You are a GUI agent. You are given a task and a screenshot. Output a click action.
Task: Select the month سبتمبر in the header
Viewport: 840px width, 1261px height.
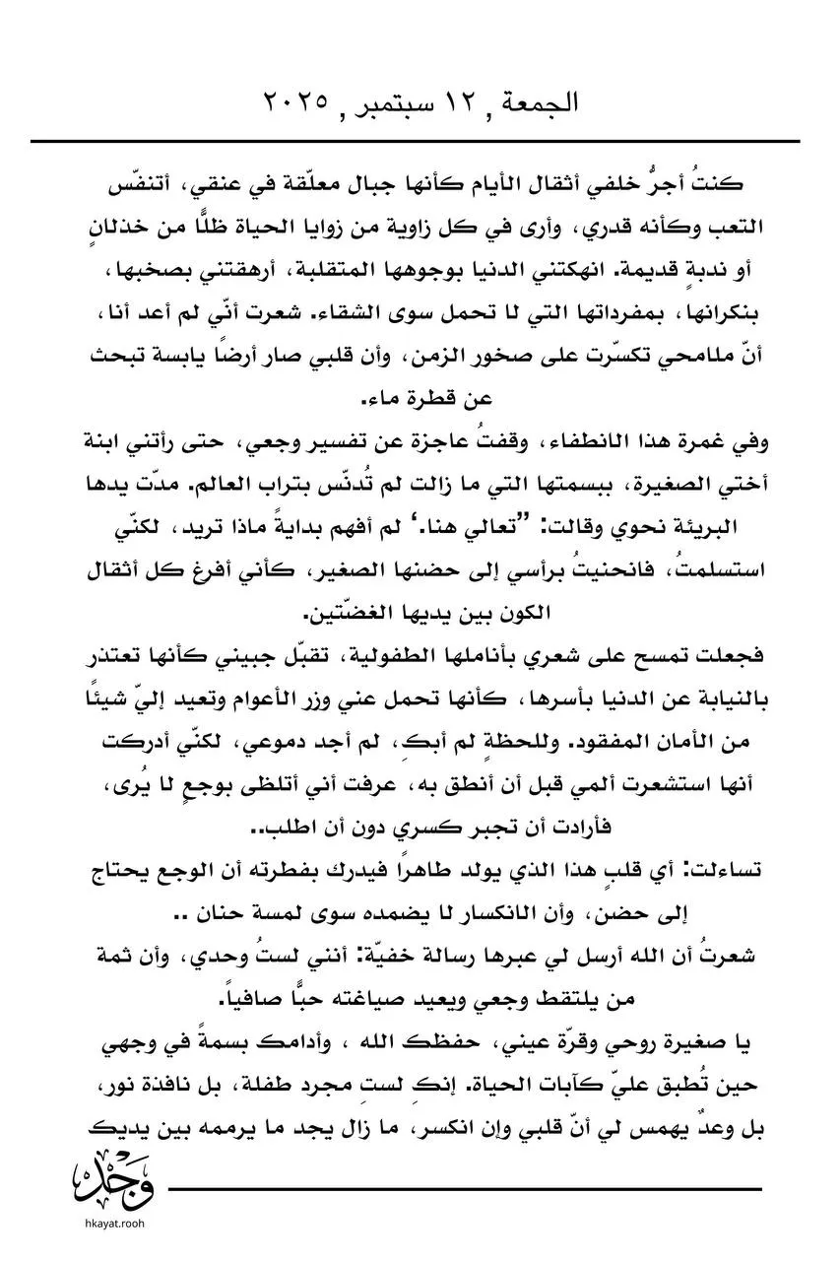point(372,102)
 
